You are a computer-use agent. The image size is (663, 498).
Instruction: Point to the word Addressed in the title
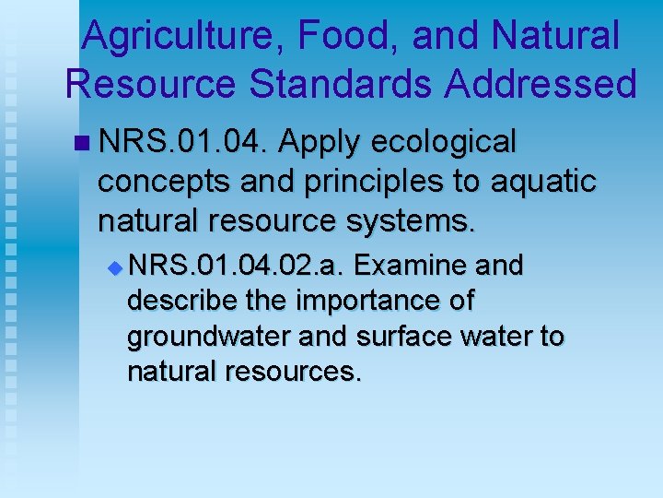[x=541, y=83]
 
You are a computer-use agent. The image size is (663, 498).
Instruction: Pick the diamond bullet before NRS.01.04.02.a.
[x=115, y=267]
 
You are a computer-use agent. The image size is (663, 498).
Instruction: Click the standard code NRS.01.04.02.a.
[x=237, y=267]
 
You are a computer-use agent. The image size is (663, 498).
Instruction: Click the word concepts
[x=162, y=182]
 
